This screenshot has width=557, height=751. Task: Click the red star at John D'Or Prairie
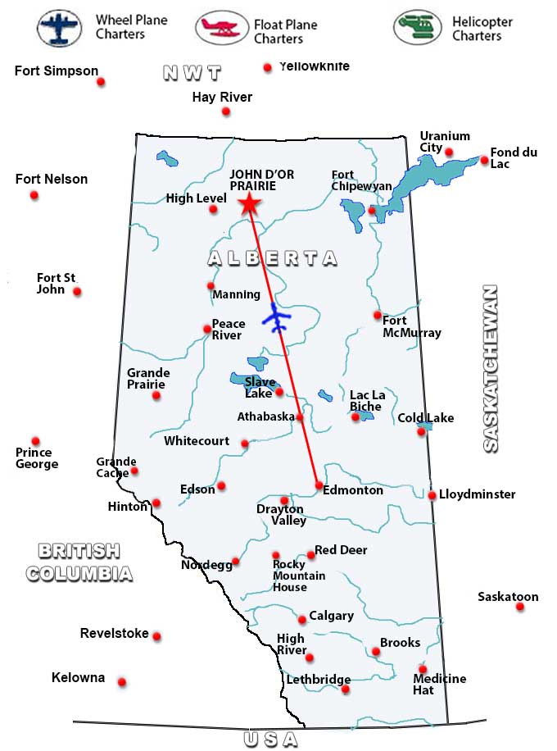pos(248,205)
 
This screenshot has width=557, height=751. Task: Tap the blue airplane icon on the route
pos(277,317)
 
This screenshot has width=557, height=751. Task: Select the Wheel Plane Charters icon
pos(59,28)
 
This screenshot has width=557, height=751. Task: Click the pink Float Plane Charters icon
pos(221,28)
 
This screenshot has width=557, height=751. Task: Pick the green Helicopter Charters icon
pos(417,28)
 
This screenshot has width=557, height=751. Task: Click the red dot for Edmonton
pos(319,485)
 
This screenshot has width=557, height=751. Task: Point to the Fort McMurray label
pos(411,326)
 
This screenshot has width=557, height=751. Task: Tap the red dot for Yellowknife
pos(267,68)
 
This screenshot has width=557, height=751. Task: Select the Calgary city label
pos(331,616)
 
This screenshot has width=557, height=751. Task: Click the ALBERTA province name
pos(272,258)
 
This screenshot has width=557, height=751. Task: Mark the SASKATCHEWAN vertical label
pos(490,368)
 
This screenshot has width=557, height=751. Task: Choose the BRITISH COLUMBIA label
pos(79,562)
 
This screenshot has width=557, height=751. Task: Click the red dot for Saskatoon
pos(519,608)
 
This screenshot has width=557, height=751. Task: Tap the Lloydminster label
pos(477,494)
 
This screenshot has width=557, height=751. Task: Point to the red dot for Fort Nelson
pos(34,195)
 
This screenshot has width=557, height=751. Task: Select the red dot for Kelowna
pos(122,682)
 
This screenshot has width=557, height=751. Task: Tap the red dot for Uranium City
pos(449,152)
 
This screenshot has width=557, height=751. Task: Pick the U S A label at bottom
pos(270,740)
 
